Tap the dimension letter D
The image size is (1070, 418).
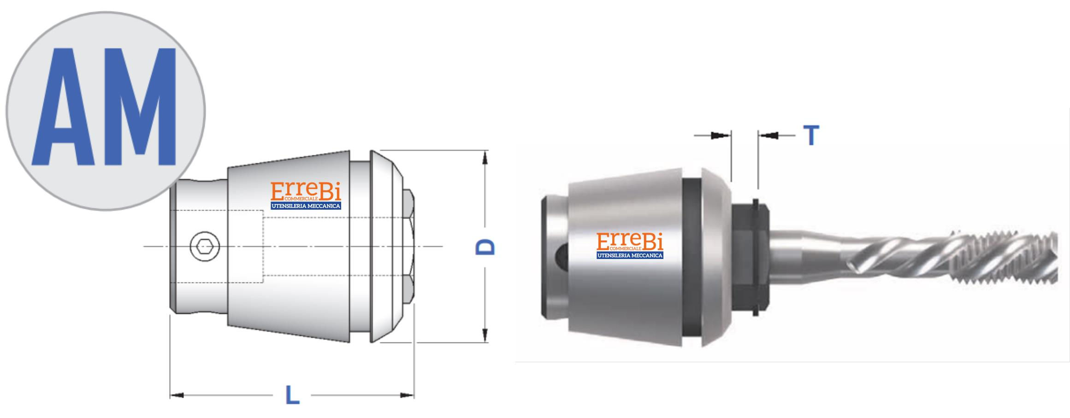(x=485, y=247)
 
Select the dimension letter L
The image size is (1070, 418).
(x=293, y=395)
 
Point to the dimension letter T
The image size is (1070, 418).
(x=811, y=135)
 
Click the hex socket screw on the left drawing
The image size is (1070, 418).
(x=205, y=246)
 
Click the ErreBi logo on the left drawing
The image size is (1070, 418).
(x=306, y=195)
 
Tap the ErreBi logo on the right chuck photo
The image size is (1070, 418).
(x=630, y=245)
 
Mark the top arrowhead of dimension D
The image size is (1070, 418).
(x=485, y=158)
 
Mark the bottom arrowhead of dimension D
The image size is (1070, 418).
(x=485, y=335)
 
